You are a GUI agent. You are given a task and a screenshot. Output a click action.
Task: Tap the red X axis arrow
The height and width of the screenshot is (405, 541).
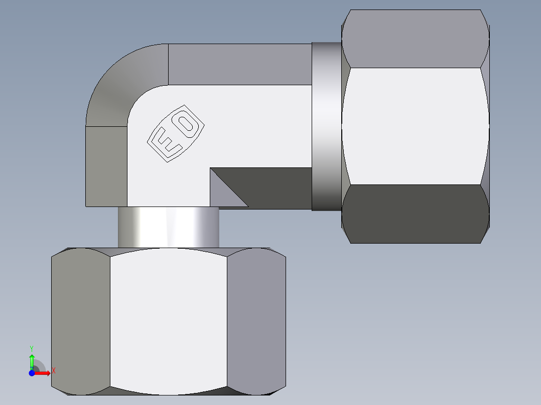[43, 373]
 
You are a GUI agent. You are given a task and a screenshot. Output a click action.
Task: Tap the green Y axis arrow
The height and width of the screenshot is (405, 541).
[32, 361]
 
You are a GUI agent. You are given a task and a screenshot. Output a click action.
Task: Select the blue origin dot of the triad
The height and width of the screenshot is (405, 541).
[32, 373]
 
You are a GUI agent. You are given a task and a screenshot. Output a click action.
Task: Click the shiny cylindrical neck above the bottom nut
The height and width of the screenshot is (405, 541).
[168, 227]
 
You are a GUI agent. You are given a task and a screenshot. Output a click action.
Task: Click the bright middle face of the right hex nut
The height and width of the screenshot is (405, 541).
[416, 126]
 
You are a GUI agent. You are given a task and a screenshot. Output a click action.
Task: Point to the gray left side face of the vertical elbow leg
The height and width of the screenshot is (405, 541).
[106, 166]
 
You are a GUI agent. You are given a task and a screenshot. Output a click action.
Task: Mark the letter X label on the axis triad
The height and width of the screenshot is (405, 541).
[53, 370]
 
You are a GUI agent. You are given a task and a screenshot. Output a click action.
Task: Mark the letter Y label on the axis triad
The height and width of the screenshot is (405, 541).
[31, 348]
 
